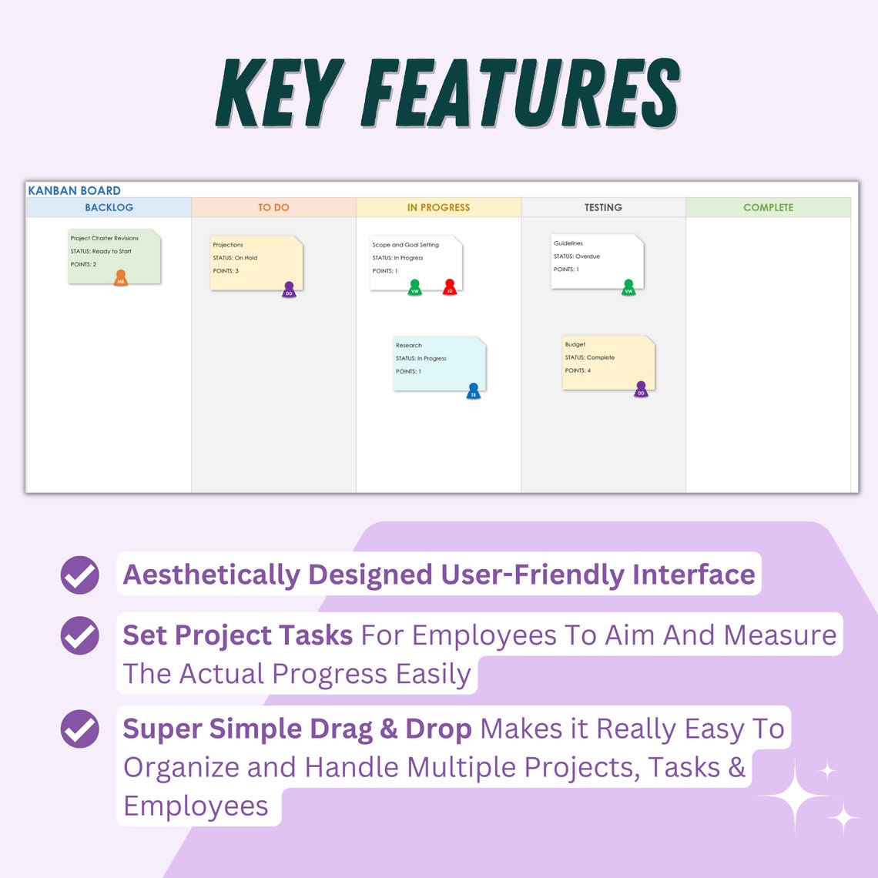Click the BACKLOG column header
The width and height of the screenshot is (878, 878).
click(x=109, y=207)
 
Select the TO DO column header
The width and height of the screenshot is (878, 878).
click(x=273, y=207)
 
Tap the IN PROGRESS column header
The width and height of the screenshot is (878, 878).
click(x=438, y=207)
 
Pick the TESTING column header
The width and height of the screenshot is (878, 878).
click(x=603, y=207)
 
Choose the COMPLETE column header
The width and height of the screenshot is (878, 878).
click(x=768, y=207)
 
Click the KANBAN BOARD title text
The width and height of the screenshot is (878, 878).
click(x=75, y=190)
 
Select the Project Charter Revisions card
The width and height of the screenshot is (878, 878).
click(x=114, y=254)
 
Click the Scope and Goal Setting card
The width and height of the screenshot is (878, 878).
click(x=415, y=260)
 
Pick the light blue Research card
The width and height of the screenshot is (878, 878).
click(x=439, y=362)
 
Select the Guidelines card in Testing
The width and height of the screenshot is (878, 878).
click(x=596, y=260)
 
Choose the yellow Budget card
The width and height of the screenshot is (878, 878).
click(x=608, y=361)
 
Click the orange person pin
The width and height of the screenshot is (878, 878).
click(x=120, y=278)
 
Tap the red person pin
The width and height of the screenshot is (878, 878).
click(x=450, y=287)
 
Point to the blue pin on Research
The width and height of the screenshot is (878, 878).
click(x=474, y=391)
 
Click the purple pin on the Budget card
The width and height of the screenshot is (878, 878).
click(x=641, y=390)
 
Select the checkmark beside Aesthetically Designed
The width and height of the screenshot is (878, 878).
click(x=80, y=575)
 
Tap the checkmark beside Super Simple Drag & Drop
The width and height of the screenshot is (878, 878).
click(x=80, y=729)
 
